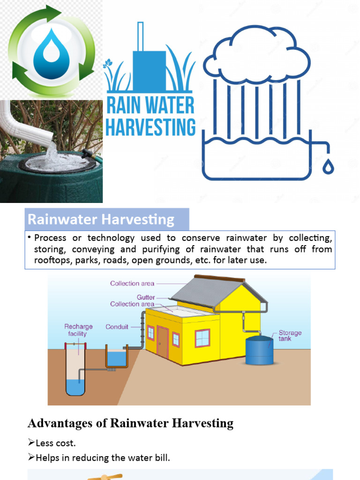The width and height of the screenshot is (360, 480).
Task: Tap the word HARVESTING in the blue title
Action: [150, 127]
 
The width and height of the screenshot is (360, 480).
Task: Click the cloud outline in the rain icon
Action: [257, 55]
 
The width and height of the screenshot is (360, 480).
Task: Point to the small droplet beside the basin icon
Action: [329, 166]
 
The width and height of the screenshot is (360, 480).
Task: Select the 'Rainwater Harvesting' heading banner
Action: [107, 219]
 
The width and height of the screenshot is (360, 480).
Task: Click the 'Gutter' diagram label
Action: [146, 297]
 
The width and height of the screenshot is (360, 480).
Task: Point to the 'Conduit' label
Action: [117, 327]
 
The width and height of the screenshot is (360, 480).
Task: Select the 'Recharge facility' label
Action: [78, 330]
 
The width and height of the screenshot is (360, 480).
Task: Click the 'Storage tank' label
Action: [290, 336]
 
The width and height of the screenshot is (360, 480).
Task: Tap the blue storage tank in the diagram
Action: [259, 351]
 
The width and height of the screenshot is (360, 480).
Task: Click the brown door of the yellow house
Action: [163, 343]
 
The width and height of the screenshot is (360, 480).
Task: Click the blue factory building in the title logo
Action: [149, 70]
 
